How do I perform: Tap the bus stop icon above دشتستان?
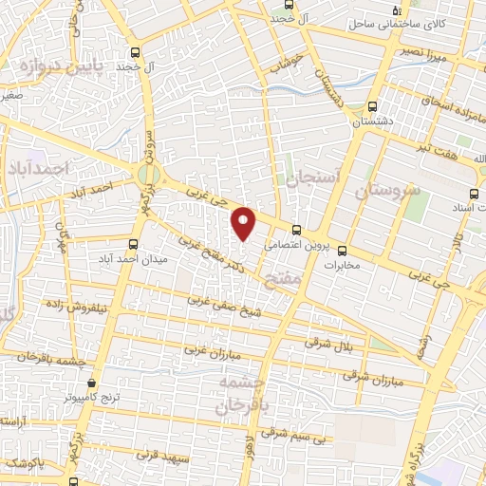tap(371, 106)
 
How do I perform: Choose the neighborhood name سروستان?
tap(386, 191)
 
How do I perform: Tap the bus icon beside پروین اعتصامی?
tap(297, 229)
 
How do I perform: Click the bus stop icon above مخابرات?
tap(343, 252)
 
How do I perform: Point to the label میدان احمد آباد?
tap(134, 259)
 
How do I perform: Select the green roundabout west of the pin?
tap(148, 176)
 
